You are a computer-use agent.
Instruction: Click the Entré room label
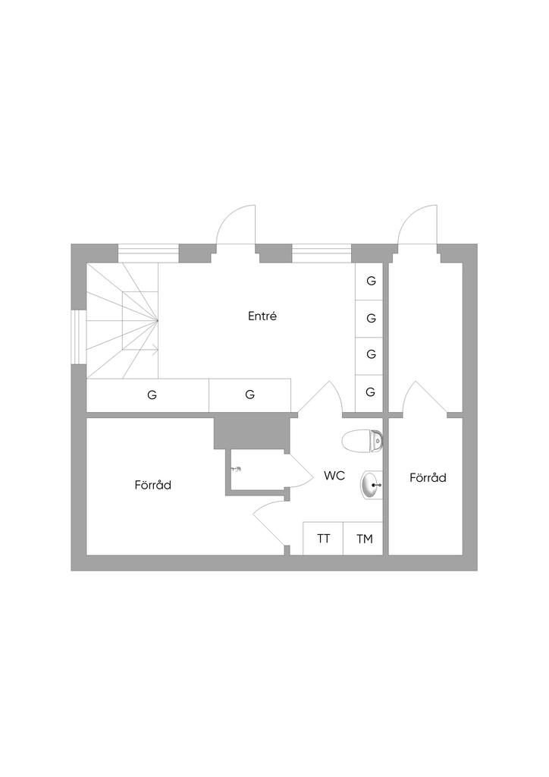pos(262,316)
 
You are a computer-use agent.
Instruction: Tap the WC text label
pos(334,476)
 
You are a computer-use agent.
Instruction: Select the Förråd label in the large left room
pos(152,485)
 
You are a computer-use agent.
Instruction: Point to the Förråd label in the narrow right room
pos(428,478)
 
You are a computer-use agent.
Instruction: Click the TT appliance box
pos(324,539)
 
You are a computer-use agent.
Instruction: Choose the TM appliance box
pos(365,539)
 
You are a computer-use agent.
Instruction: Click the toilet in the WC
pos(362,440)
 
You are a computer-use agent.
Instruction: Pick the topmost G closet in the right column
pos(371,281)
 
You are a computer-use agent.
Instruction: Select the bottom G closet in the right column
pos(371,392)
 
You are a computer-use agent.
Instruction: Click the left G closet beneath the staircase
pos(152,395)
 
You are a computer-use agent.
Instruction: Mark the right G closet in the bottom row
pos(249,395)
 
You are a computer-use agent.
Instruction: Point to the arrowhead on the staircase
pos(155,350)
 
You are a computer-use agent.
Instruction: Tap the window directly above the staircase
pos(149,253)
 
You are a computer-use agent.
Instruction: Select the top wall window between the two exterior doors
pos(322,253)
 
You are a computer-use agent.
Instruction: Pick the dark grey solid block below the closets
pos(253,433)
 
